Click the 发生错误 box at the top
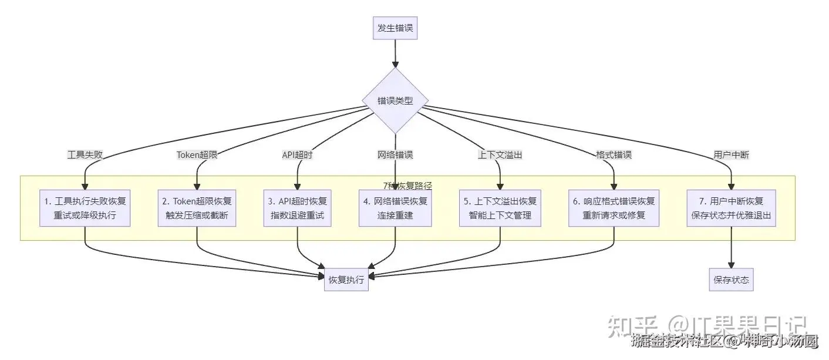pos(395,28)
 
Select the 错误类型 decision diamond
pos(395,101)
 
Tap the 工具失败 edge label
pos(85,155)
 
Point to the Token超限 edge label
pos(197,155)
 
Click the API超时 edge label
pos(298,155)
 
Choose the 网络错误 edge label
pos(395,155)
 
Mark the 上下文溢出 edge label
pos(500,155)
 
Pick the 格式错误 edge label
pos(614,155)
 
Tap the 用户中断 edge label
pos(731,155)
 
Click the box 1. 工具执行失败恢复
pos(85,208)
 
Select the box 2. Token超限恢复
pos(197,208)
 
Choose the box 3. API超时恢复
pos(298,208)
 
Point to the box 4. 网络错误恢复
pos(395,208)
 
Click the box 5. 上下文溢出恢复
pos(500,208)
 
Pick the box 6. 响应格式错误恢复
pos(614,208)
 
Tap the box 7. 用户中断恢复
pos(731,208)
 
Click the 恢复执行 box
pos(346,280)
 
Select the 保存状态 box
pos(731,280)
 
